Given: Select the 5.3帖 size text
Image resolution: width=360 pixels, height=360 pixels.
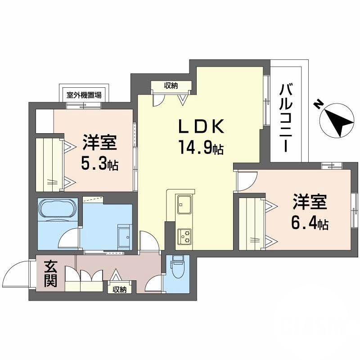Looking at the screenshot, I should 99,164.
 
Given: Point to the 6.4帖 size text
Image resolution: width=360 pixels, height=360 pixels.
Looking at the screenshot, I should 310,223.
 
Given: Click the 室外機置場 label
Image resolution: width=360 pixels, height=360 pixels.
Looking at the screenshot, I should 84,95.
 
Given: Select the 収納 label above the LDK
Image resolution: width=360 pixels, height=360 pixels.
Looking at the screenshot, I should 171,86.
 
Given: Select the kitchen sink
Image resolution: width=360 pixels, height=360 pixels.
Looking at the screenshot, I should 184,205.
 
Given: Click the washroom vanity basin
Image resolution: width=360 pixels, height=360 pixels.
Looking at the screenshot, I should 123,234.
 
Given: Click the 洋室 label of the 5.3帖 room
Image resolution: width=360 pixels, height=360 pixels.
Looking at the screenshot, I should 99,143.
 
